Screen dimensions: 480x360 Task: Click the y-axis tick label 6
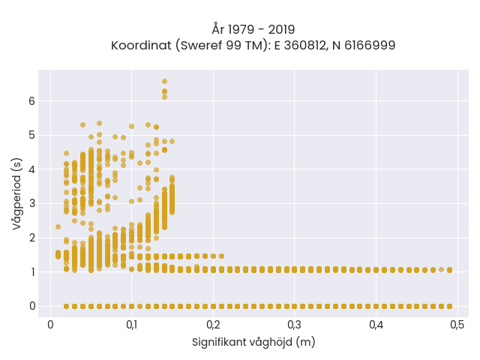(32, 101)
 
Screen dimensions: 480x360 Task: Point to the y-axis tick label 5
(32, 135)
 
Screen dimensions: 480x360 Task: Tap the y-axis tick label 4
(32, 169)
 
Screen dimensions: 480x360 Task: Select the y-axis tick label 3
(32, 203)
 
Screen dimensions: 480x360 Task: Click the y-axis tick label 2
(32, 238)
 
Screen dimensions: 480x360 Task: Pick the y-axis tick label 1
(32, 271)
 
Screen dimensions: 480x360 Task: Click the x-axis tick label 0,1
(132, 325)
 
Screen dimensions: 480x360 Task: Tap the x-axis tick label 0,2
(213, 325)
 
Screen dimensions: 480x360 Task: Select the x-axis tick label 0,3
(295, 325)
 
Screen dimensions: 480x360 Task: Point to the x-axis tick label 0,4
(376, 325)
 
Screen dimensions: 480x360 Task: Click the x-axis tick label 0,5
(457, 325)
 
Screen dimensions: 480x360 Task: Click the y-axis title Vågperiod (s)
(17, 193)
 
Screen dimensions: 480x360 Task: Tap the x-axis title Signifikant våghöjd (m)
(253, 342)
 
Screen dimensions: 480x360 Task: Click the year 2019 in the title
(282, 30)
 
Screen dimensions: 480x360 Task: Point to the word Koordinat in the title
(141, 46)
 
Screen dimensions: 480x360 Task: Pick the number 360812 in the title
(304, 45)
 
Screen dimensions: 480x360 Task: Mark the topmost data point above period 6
(164, 82)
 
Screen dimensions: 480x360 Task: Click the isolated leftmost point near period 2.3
(58, 226)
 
